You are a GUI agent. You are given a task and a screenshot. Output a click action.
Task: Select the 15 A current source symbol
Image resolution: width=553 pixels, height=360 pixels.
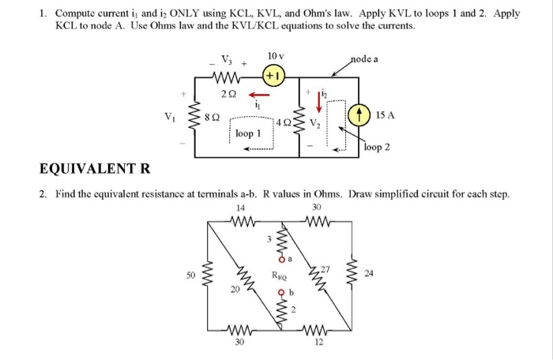point(364,115)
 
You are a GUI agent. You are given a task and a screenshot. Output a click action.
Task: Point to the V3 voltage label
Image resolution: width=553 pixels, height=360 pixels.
point(227,59)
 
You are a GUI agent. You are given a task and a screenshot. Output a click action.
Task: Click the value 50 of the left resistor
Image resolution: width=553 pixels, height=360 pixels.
point(190,275)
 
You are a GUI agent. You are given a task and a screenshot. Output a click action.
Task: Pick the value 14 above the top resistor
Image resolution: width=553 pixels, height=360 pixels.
point(241,208)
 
